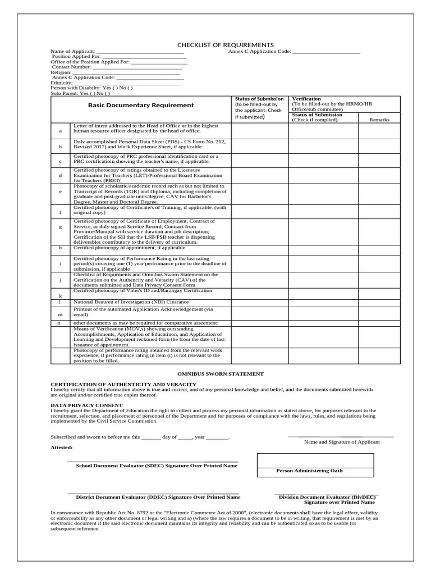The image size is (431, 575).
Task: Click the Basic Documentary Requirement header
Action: pos(133,105)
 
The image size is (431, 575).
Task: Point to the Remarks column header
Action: pos(379,120)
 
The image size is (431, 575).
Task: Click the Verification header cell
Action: pos(306,99)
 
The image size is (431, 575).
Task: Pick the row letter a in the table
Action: pos(60,131)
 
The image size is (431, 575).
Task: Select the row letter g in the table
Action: pos(60,227)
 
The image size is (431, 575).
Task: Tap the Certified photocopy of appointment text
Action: pos(129,248)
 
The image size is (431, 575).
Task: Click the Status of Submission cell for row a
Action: pos(260,131)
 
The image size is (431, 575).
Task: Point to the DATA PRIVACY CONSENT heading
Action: pos(86,404)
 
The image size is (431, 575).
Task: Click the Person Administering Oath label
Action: pos(309,471)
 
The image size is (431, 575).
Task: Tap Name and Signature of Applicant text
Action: pos(342,442)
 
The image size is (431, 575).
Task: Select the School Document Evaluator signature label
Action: pos(156,466)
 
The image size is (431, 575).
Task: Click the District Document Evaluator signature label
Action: pos(158,497)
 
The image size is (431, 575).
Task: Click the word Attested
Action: pos(62,448)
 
